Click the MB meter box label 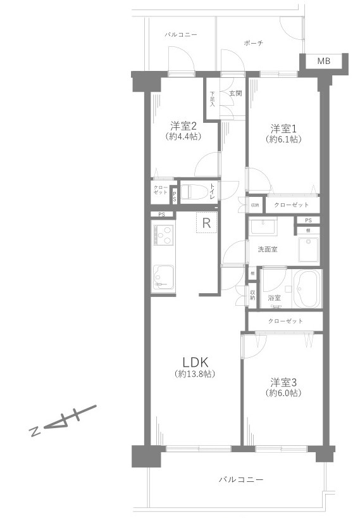[323, 61]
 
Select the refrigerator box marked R [206, 222]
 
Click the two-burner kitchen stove [164, 240]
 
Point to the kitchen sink [164, 278]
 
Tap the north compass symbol [63, 420]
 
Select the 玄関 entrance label [235, 93]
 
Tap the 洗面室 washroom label [268, 250]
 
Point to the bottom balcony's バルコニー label [241, 479]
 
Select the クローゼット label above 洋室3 [285, 321]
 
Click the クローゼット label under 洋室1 [292, 205]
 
